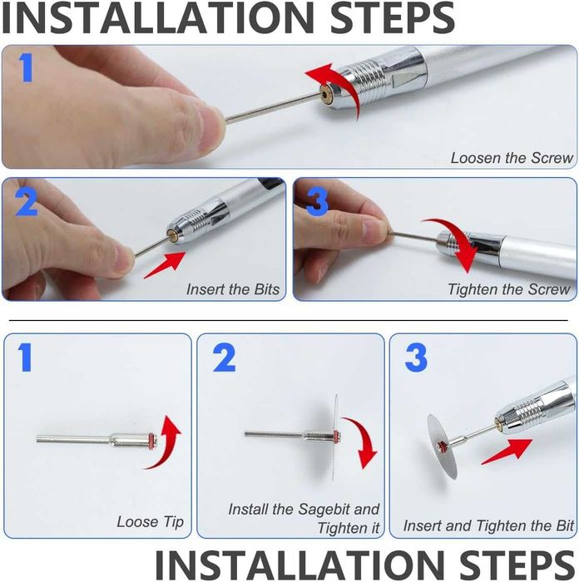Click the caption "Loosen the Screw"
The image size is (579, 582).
pos(512,158)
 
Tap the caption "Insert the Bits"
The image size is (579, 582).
pos(233,289)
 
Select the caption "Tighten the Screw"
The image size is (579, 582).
pos(508,289)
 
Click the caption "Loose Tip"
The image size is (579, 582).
pos(151,521)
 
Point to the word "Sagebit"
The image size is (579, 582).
pos(324,509)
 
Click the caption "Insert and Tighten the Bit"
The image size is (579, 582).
pos(489,525)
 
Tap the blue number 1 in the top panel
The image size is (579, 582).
pos(25,67)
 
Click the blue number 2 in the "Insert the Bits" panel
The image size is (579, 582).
pos(27,202)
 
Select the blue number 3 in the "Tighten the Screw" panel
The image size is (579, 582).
pos(317,201)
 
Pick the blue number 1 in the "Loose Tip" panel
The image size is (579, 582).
pos(25,357)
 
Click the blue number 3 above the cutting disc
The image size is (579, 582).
pos(416,358)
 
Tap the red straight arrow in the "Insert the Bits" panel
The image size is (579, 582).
pos(165,265)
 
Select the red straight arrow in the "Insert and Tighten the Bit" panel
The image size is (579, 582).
pos(507,451)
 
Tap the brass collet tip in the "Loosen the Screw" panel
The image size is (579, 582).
pos(327,92)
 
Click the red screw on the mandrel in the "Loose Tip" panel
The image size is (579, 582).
pos(151,440)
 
